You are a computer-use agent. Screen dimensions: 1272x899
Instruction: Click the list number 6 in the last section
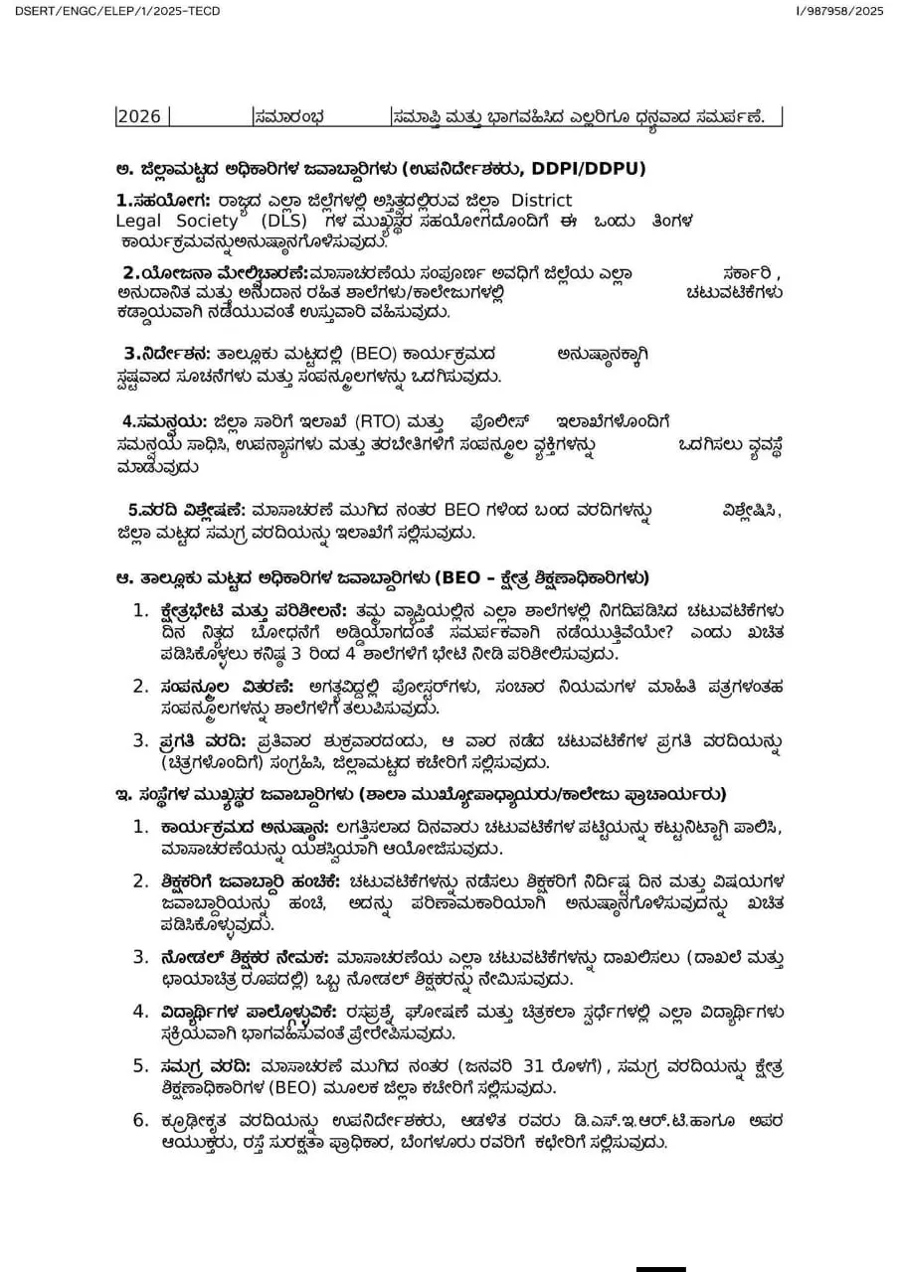(x=140, y=1121)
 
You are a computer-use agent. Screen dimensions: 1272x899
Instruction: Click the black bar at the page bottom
(x=660, y=1268)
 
